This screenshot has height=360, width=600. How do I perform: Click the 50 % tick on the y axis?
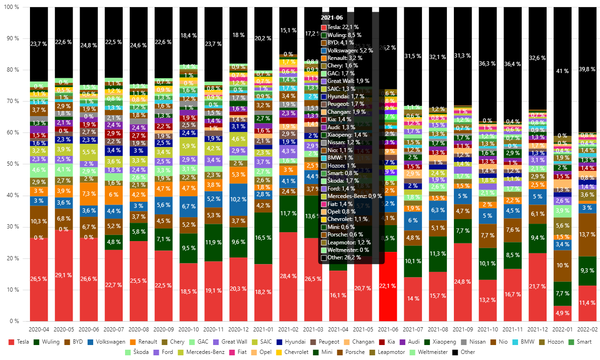click(x=13, y=164)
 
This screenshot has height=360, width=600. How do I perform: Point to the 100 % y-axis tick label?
click(x=11, y=7)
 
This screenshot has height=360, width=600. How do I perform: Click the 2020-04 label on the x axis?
click(x=38, y=331)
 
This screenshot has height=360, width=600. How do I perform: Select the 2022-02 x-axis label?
click(x=587, y=331)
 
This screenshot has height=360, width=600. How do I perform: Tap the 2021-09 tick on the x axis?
click(x=462, y=331)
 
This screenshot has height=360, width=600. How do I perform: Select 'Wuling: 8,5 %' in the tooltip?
click(x=344, y=35)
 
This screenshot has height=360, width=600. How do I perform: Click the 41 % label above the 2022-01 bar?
click(x=562, y=71)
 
